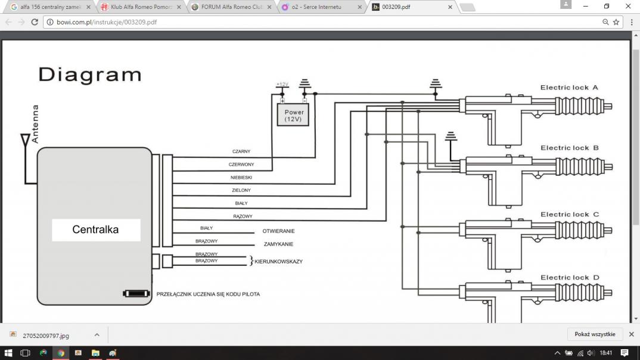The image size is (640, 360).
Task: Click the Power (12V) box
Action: click(293, 114)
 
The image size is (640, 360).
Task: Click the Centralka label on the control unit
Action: click(95, 229)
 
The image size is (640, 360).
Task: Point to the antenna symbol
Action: click(25, 140)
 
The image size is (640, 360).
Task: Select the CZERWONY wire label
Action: click(241, 165)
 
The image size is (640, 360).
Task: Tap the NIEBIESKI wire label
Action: click(241, 178)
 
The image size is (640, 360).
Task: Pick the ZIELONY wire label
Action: click(241, 190)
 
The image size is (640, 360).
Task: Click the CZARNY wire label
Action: click(241, 151)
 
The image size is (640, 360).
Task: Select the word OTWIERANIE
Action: click(278, 231)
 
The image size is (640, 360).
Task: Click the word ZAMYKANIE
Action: click(278, 244)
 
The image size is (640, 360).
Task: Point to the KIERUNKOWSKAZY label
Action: click(278, 262)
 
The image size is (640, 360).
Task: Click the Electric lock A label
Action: click(569, 88)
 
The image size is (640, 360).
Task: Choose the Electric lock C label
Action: click(570, 215)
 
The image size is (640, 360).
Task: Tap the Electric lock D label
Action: click(570, 278)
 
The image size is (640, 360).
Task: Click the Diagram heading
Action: click(90, 75)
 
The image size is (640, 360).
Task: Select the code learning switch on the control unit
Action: click(136, 293)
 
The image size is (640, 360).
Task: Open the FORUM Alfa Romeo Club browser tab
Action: click(232, 7)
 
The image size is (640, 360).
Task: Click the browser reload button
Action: click(35, 22)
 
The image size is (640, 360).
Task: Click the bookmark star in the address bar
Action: click(616, 22)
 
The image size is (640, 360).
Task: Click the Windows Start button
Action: click(8, 353)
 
